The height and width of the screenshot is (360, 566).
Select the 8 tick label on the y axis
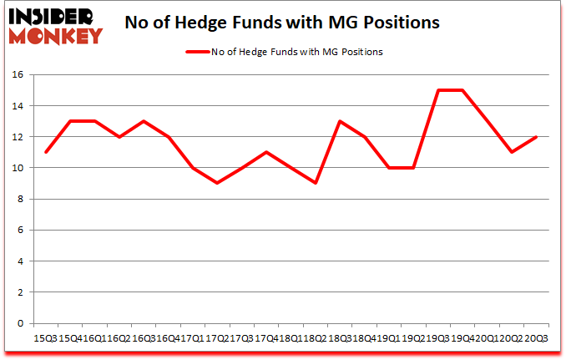23,199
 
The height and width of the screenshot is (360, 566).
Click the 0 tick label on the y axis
23,323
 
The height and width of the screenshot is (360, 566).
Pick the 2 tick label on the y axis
23,292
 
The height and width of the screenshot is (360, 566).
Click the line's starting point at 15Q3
45,152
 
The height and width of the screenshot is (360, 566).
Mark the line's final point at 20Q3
535,137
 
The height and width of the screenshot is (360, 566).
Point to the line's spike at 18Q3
339,121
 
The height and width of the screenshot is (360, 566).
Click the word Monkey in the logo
57,35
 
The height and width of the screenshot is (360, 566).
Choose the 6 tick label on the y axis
23,231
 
